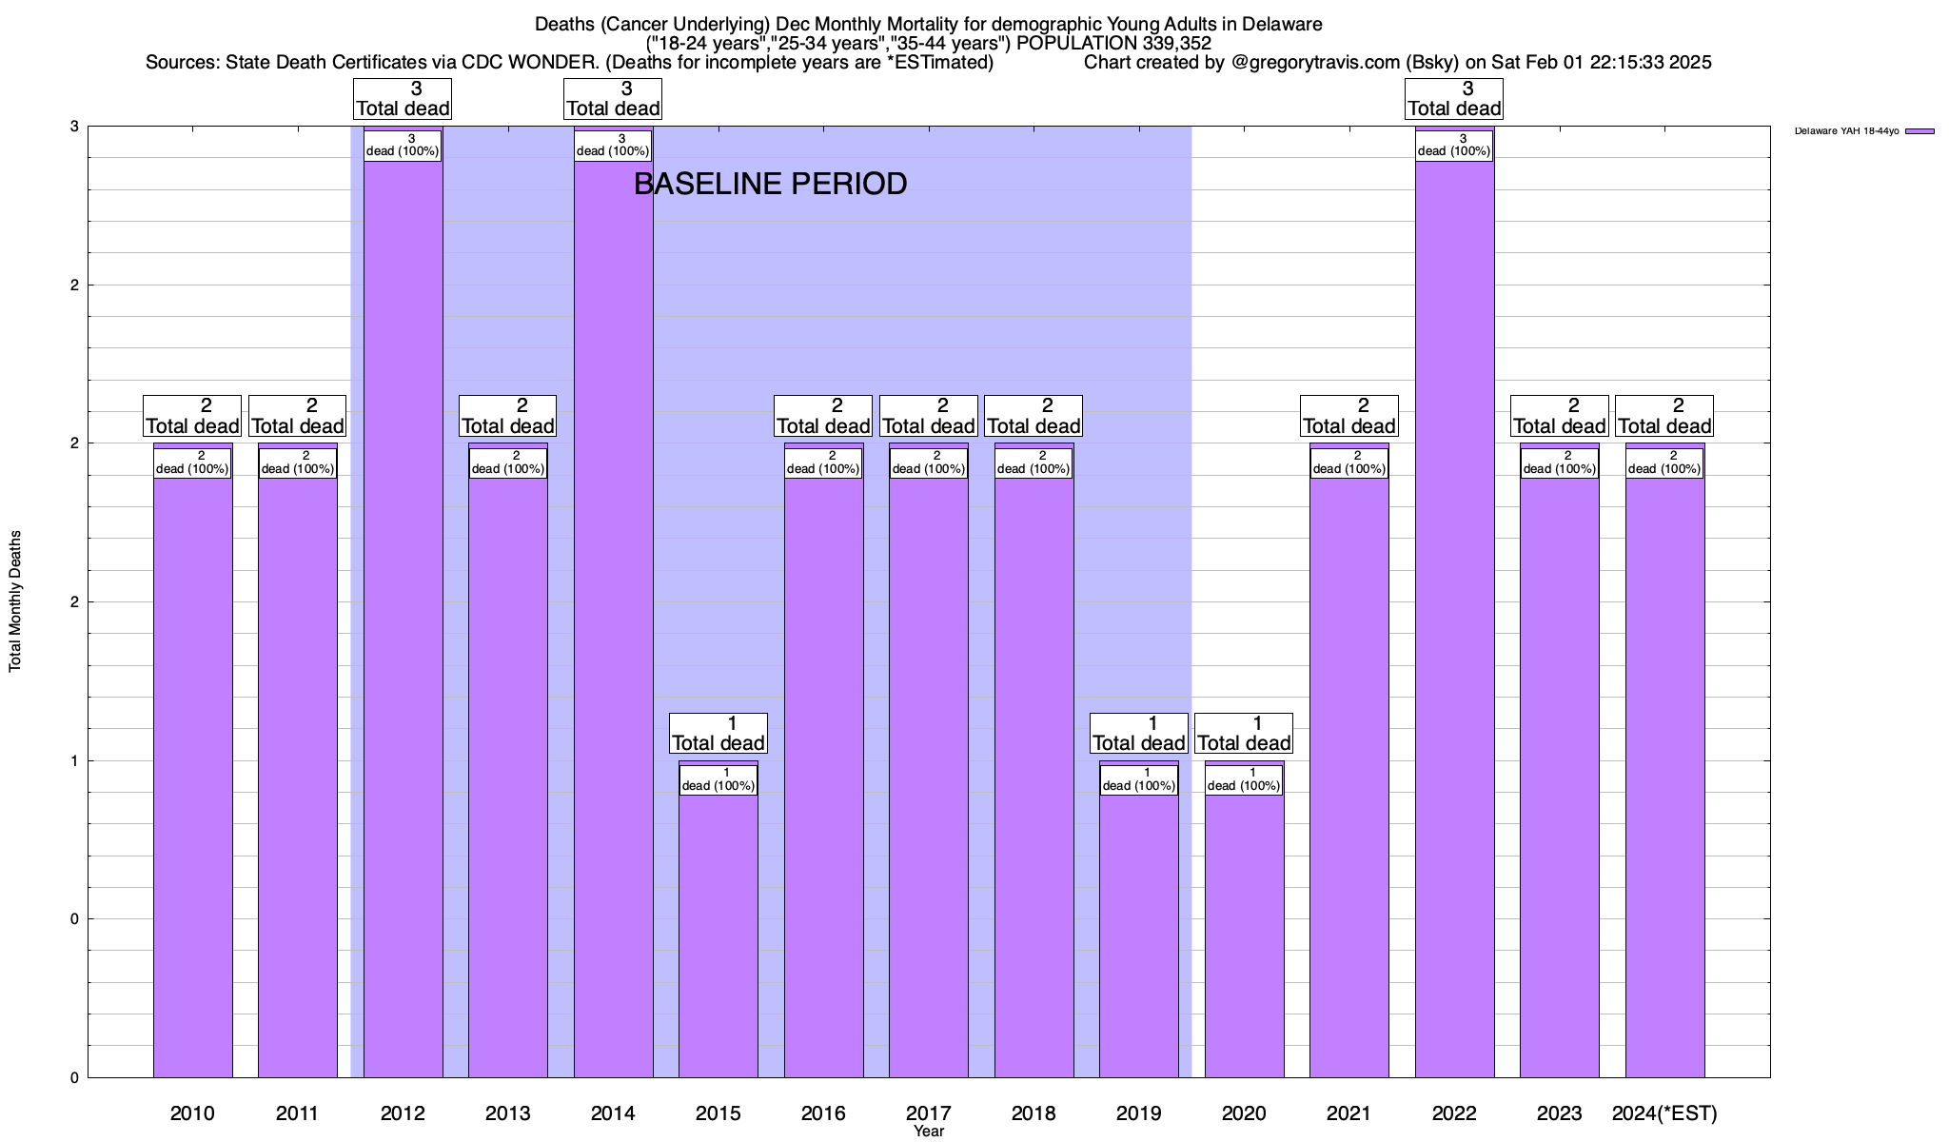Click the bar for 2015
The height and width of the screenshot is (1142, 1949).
coord(719,933)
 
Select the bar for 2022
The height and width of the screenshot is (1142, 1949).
coord(1454,619)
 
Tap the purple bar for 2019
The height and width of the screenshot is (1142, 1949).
coord(1138,933)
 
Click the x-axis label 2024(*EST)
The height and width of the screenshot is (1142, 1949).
coord(1664,1112)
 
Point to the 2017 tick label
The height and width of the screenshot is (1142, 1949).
coord(928,1112)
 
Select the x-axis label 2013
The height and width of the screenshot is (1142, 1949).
coord(507,1112)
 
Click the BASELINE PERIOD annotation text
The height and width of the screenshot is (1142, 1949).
coord(770,184)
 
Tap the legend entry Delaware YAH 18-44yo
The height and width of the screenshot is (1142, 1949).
coord(1846,131)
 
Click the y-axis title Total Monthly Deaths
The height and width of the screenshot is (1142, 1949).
coord(15,601)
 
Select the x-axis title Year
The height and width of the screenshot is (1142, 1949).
coord(928,1132)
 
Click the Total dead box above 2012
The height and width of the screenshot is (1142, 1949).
coord(403,98)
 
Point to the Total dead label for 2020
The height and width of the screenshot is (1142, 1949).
coord(1244,733)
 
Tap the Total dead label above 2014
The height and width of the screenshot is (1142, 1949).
coord(613,98)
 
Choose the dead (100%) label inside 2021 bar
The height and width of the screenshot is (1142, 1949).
coord(1349,463)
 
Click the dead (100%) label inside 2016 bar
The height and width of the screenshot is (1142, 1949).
coord(823,463)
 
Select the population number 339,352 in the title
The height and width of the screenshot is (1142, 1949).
coord(1176,43)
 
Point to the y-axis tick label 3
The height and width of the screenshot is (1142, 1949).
coord(74,127)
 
